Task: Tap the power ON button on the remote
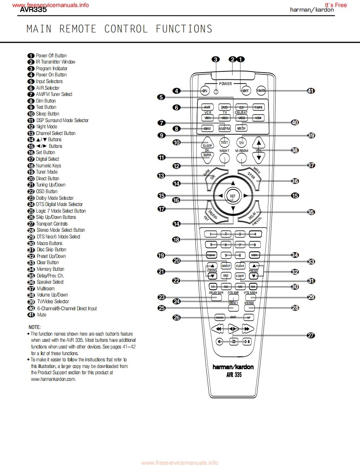205,91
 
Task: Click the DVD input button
225,107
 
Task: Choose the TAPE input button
258,107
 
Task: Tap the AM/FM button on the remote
224,128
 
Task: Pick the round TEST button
224,142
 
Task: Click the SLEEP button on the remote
207,145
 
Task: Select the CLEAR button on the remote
240,266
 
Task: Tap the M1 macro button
212,287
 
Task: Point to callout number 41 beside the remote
311,91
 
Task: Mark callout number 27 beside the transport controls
311,336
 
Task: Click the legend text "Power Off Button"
51,56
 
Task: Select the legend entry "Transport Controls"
52,224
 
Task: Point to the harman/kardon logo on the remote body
233,367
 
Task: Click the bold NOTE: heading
35,327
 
